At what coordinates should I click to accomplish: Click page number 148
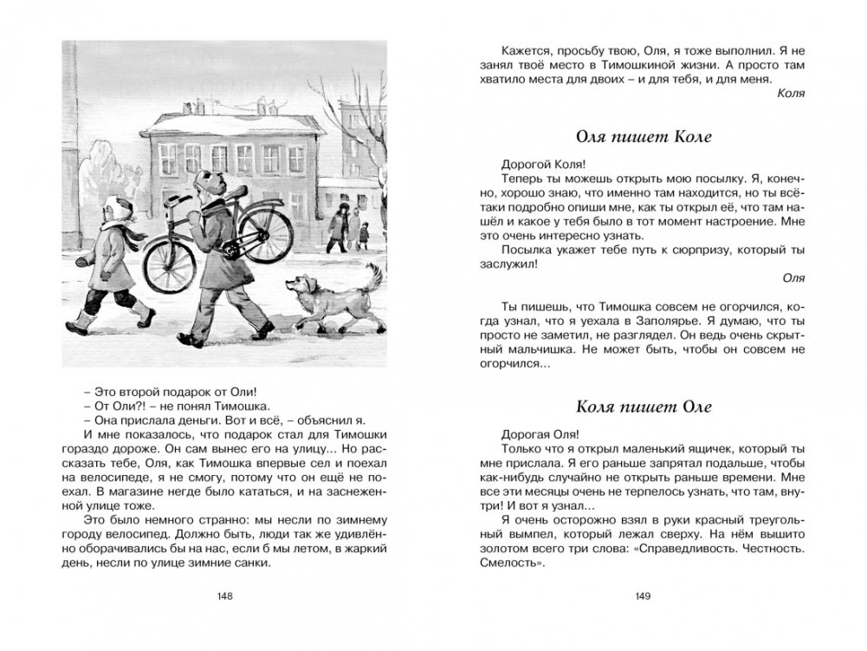coord(226,596)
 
